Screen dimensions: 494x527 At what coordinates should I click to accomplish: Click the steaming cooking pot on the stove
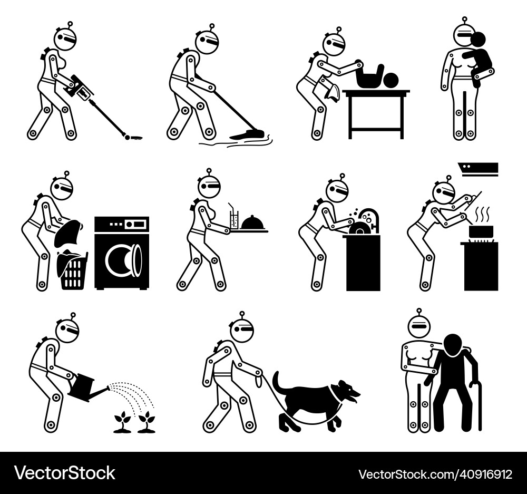coord(480,230)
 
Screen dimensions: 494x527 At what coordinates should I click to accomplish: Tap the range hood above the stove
coord(478,169)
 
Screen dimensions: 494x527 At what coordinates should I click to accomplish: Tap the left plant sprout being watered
coord(123,421)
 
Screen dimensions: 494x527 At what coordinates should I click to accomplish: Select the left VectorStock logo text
coord(65,473)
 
